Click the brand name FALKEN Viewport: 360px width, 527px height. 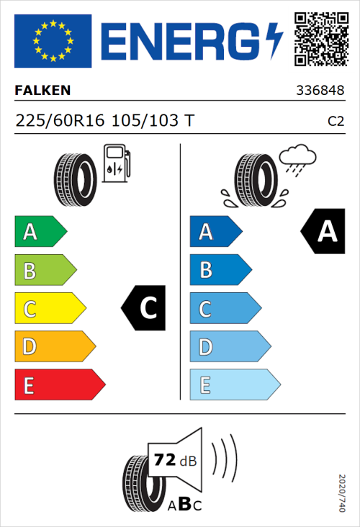pyautogui.click(x=43, y=91)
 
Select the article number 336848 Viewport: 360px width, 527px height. pyautogui.click(x=320, y=91)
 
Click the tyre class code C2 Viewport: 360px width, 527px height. pyautogui.click(x=336, y=122)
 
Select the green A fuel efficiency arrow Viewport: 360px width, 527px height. pyautogui.click(x=40, y=232)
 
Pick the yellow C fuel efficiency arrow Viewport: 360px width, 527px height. pyautogui.click(x=49, y=309)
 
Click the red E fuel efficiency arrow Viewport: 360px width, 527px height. pyautogui.click(x=59, y=385)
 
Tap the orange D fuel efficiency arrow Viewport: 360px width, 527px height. pyautogui.click(x=54, y=347)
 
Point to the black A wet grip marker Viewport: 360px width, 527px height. pyautogui.click(x=323, y=232)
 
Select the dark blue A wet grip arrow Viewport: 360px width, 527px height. pyautogui.click(x=215, y=232)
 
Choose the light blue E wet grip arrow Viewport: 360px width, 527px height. pyautogui.click(x=234, y=385)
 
